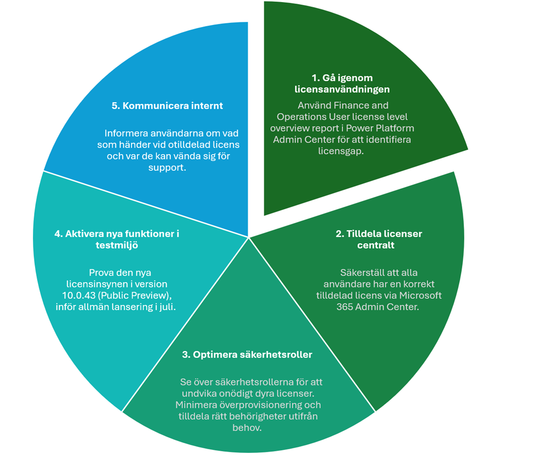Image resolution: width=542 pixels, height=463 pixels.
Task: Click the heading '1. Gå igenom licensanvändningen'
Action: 342,83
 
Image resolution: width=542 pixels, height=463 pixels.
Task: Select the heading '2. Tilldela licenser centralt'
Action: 379,239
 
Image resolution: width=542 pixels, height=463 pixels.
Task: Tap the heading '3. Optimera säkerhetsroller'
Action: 247,355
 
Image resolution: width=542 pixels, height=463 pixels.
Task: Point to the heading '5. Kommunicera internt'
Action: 167,106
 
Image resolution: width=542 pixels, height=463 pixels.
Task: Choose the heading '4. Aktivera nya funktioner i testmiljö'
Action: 117,239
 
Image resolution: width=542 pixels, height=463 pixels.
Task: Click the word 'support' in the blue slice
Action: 167,167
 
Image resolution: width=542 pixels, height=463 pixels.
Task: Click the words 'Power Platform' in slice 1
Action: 387,128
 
